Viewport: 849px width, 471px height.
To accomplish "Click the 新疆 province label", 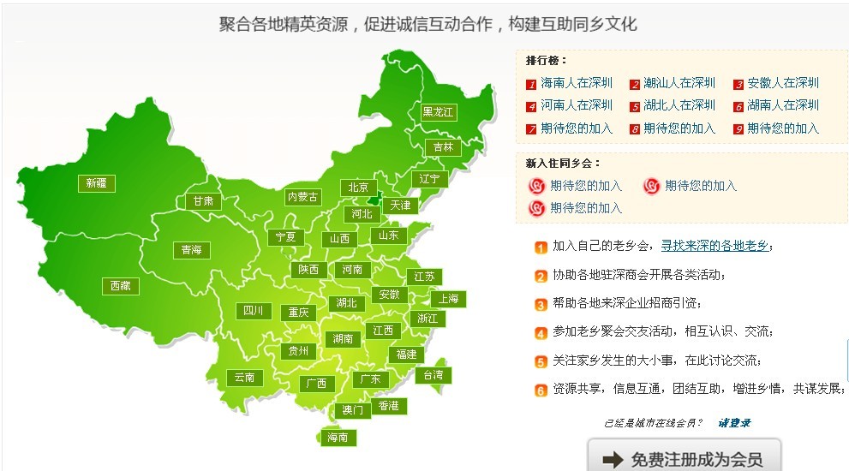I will tap(97, 182).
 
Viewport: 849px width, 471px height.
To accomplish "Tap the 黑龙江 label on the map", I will tap(439, 112).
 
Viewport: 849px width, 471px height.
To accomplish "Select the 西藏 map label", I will tap(120, 286).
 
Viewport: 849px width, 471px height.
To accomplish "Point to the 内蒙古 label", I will tap(302, 197).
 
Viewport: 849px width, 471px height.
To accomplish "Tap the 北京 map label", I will tap(358, 188).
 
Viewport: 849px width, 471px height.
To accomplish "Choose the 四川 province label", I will tap(253, 311).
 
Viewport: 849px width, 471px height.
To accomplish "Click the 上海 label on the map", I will tap(450, 299).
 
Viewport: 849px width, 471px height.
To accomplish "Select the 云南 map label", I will tap(243, 377).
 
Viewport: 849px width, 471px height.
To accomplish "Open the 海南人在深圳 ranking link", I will tap(577, 83).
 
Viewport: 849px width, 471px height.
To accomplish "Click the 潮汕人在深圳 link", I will tap(679, 83).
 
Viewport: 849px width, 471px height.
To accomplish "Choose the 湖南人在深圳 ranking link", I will tap(783, 105).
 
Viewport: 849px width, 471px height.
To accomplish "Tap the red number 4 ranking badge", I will tap(532, 106).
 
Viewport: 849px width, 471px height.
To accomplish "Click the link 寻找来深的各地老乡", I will tap(714, 247).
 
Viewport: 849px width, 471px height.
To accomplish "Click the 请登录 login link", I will tap(734, 422).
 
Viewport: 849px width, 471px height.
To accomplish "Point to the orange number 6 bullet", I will tap(541, 390).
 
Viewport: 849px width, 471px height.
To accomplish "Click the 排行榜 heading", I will tap(547, 61).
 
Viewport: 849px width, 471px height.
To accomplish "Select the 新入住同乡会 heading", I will tap(563, 163).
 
